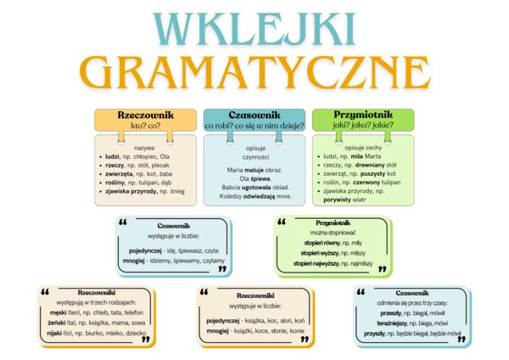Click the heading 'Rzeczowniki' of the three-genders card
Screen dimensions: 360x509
point(96,291)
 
